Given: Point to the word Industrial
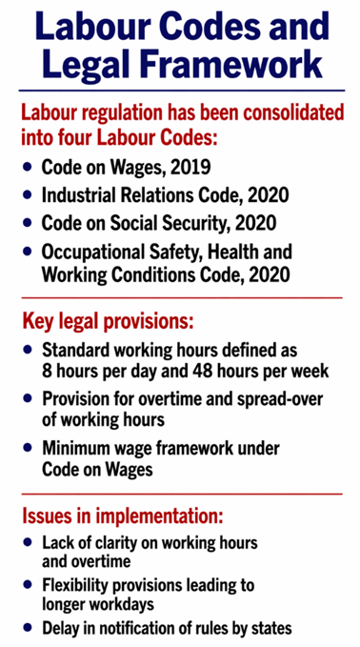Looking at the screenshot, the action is click(81, 196).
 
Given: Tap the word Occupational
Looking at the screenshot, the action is click(93, 253).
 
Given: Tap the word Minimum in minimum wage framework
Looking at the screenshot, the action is click(79, 447).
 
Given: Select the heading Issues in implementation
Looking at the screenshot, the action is click(122, 516).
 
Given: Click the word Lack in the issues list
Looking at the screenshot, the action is click(58, 543).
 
